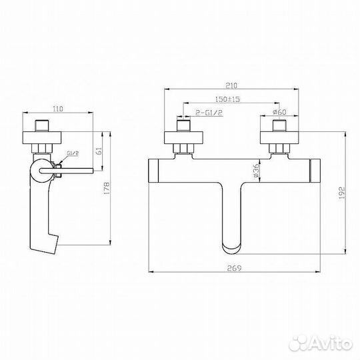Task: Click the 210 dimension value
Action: click(x=231, y=85)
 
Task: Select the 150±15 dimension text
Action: click(x=227, y=99)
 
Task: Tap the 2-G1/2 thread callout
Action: click(x=209, y=113)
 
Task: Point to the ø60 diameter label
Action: click(x=279, y=112)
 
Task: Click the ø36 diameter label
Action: click(x=256, y=170)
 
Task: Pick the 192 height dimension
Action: click(x=342, y=193)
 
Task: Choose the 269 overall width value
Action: click(x=234, y=268)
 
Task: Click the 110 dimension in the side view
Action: click(x=58, y=109)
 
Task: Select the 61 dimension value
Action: click(x=99, y=151)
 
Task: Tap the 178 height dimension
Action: click(x=107, y=189)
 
